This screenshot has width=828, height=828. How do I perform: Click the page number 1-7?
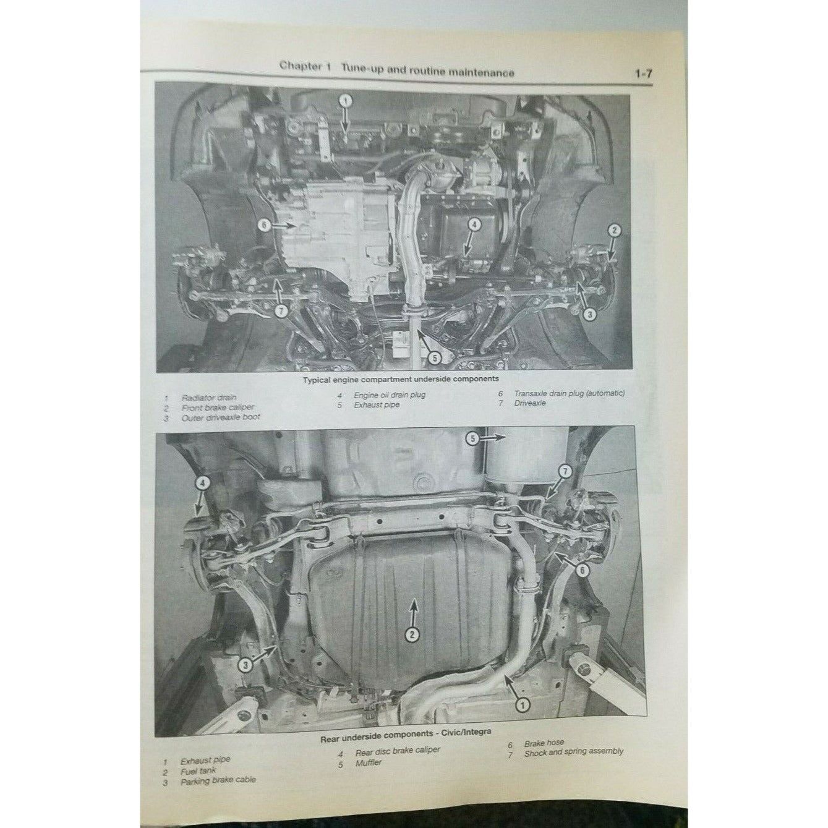(643, 74)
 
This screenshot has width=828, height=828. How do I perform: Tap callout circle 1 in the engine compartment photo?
(346, 101)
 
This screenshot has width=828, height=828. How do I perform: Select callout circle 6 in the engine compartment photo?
(266, 225)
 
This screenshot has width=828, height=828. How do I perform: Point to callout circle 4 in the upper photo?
(474, 224)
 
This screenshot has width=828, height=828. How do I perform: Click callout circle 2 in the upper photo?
(615, 230)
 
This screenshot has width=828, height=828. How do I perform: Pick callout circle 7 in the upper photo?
(281, 310)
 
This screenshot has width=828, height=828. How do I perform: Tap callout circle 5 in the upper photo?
(435, 357)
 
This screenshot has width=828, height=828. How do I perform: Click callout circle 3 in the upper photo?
(590, 314)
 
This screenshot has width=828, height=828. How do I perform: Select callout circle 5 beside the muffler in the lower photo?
(472, 438)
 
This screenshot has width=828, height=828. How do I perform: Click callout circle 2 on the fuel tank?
(412, 634)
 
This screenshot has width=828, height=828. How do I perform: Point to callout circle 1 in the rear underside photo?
(523, 704)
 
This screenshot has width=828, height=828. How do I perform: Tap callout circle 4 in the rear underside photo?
(202, 484)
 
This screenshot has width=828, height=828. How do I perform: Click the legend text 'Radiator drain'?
(209, 398)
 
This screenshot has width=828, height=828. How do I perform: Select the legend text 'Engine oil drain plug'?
(390, 395)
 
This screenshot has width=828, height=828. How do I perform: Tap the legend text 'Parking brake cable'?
(218, 780)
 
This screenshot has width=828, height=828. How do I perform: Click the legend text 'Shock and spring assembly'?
(574, 753)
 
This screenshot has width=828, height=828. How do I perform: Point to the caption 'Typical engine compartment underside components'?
(401, 379)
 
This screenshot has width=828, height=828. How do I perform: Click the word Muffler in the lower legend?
(369, 763)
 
